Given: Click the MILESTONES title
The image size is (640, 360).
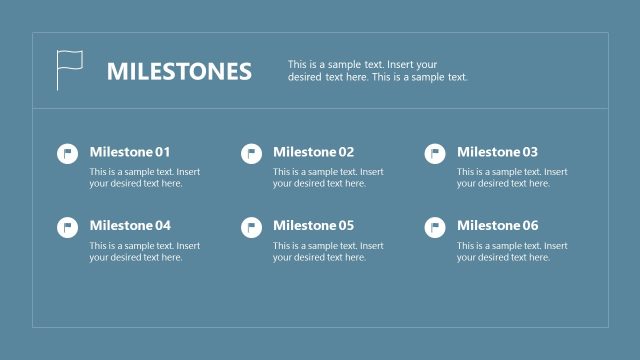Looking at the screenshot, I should click(179, 72).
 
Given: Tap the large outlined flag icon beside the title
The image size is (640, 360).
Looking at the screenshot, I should click(69, 70).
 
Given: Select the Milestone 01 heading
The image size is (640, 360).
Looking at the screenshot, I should click(130, 152).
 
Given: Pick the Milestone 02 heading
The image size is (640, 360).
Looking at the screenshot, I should click(314, 152).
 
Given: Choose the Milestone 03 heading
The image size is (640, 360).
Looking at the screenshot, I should click(498, 152).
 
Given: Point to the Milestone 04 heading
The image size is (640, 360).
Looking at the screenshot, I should click(130, 225).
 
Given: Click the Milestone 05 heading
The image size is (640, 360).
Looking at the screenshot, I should click(314, 225).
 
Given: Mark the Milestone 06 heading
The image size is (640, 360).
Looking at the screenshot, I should click(498, 225).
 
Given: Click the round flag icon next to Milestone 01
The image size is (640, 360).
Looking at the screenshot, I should click(67, 154).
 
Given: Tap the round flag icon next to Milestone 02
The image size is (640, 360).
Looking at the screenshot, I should click(251, 154).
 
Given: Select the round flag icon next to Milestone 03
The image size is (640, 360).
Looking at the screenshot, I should click(435, 154).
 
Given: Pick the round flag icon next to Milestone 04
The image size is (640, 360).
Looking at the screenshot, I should click(67, 227).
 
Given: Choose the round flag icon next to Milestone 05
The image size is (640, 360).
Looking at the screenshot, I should click(251, 227).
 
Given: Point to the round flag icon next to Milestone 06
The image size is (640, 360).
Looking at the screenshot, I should click(435, 227).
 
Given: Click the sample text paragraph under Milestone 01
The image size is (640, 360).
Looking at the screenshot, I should click(145, 178).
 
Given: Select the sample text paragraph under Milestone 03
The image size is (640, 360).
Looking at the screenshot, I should click(512, 178).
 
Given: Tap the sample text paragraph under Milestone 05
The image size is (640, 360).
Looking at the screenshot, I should click(328, 251).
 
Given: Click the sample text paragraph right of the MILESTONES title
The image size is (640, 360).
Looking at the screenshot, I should click(377, 70).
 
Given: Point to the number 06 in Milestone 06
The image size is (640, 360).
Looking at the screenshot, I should click(529, 225).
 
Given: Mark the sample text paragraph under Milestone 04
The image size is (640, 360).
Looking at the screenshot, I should click(145, 251).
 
